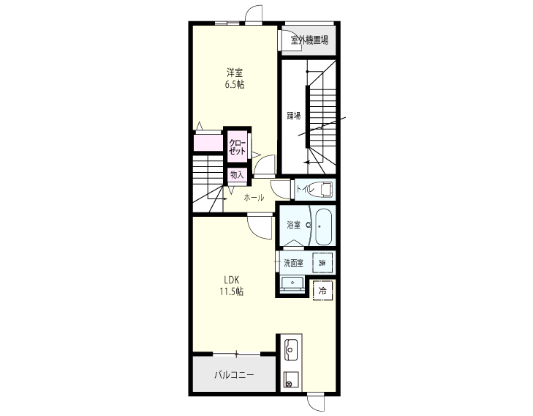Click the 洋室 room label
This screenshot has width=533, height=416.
(x=235, y=73)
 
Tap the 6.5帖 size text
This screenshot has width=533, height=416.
(x=235, y=84)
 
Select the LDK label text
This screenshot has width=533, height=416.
(x=232, y=280)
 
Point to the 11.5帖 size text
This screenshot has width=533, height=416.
(x=232, y=291)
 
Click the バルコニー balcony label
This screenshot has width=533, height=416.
(x=234, y=375)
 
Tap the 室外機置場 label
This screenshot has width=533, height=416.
(x=309, y=40)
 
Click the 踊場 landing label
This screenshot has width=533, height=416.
(x=294, y=116)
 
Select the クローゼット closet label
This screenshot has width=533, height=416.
(x=237, y=147)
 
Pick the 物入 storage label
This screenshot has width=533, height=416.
(x=237, y=175)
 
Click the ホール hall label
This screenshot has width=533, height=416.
(x=254, y=198)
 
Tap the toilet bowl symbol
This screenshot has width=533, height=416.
(x=322, y=189)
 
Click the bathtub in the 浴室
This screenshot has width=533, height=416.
(x=323, y=226)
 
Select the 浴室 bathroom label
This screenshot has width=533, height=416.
(x=294, y=225)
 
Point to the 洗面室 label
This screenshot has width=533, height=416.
(x=294, y=263)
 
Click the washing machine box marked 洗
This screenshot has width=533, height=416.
(x=322, y=263)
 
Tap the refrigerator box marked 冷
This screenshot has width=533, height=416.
(x=322, y=291)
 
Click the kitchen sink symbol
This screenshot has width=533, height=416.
(x=291, y=349)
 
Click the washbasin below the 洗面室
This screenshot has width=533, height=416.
(x=292, y=283)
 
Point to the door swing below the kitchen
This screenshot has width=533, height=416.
(x=316, y=404)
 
